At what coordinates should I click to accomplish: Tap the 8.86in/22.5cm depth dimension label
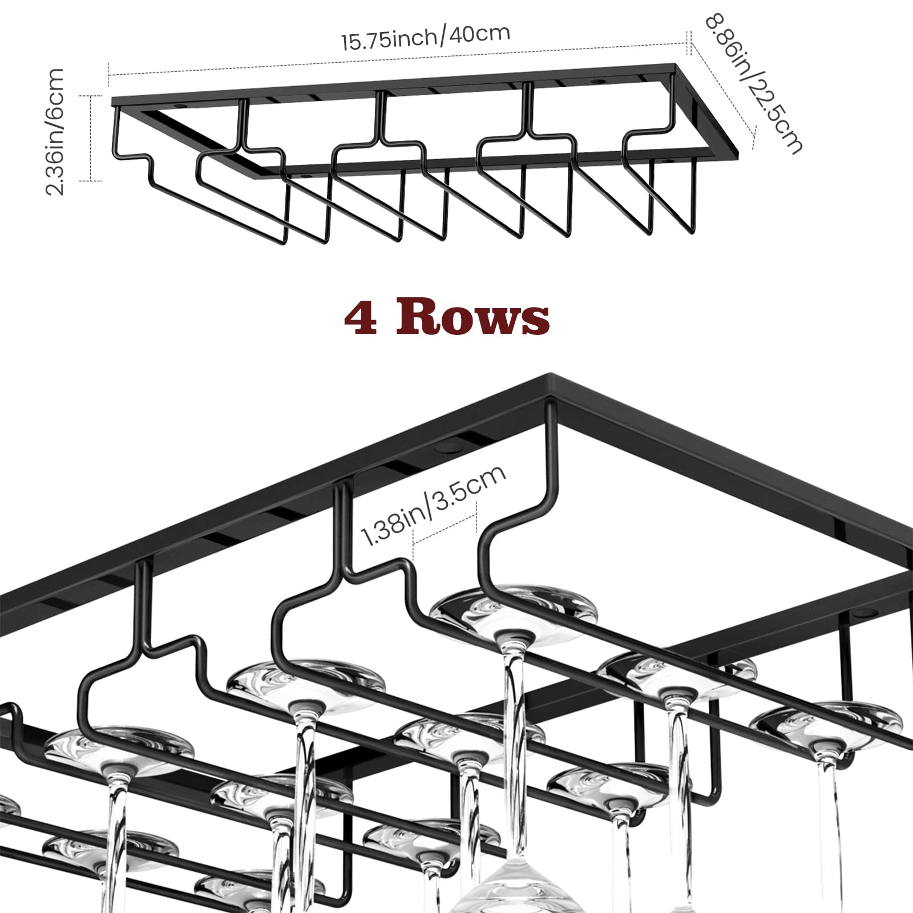(753, 83)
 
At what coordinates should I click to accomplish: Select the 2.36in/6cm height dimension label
(55, 131)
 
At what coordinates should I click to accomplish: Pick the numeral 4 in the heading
(361, 318)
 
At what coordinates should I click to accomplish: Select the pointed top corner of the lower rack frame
(551, 377)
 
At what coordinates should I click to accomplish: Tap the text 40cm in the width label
(479, 33)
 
